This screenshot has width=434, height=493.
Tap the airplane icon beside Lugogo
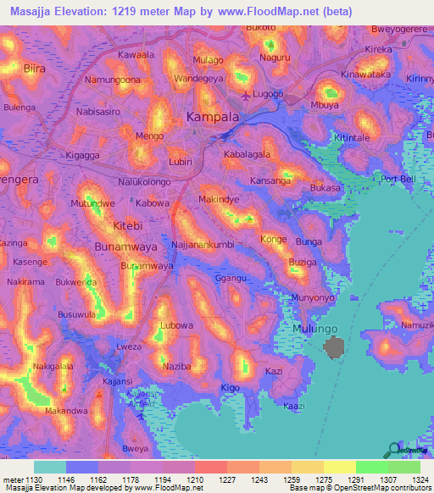click(x=247, y=94)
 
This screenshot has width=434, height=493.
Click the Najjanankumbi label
click(x=207, y=243)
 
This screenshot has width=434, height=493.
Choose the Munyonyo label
click(x=314, y=298)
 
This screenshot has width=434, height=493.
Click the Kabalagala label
click(x=247, y=155)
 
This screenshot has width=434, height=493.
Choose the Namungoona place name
click(x=113, y=80)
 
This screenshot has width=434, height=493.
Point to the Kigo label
click(x=231, y=387)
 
